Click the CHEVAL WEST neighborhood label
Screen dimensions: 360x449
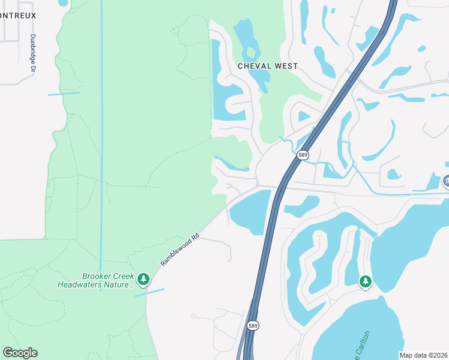click(x=268, y=66)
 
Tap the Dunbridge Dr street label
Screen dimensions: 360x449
click(x=33, y=53)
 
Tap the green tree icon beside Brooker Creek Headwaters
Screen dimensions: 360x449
click(x=143, y=279)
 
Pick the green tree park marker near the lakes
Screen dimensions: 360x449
click(x=366, y=281)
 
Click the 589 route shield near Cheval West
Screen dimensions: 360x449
click(x=303, y=154)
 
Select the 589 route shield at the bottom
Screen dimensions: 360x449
click(x=253, y=325)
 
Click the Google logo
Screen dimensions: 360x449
click(x=20, y=353)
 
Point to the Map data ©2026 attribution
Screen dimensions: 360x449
click(x=424, y=355)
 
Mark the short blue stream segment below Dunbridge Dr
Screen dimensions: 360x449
click(x=64, y=94)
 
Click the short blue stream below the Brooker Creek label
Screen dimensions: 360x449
click(x=149, y=292)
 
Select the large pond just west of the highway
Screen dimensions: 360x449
click(x=252, y=213)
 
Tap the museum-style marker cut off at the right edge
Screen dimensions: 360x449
click(x=445, y=181)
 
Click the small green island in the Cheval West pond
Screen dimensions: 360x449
click(x=262, y=90)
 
